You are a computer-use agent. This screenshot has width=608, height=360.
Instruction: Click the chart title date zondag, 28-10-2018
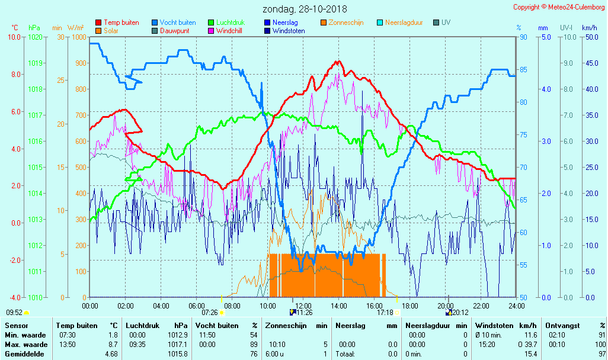click(305, 9)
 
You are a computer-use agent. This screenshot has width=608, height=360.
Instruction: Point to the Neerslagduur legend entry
click(404, 22)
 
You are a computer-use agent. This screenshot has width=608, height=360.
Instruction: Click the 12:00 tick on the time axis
click(303, 306)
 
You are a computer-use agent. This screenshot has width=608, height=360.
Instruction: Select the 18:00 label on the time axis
click(410, 306)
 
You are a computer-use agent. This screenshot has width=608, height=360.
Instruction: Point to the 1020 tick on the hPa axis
click(35, 37)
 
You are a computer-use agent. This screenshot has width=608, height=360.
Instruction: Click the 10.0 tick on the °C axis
click(14, 37)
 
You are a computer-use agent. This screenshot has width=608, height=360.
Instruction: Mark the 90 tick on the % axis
click(523, 37)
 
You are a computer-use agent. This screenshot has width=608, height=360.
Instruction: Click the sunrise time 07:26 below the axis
click(210, 313)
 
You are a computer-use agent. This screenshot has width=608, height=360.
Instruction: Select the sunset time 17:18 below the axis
click(385, 313)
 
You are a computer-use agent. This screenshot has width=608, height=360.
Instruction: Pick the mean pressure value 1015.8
click(179, 353)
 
